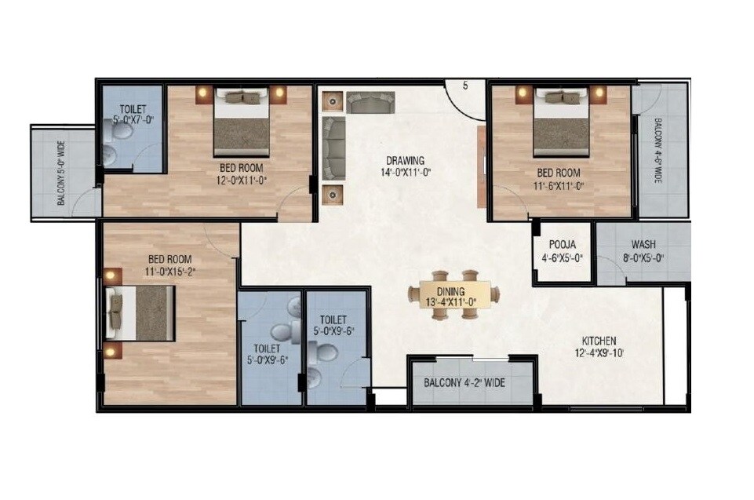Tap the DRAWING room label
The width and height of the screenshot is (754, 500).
pyautogui.click(x=405, y=161)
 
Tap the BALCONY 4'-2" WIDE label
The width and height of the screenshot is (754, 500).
pyautogui.click(x=464, y=384)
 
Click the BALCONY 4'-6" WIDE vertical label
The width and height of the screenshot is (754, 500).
pyautogui.click(x=657, y=151)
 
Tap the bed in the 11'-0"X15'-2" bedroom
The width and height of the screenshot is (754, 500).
pyautogui.click(x=141, y=314)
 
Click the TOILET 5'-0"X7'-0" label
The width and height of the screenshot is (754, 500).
pyautogui.click(x=132, y=115)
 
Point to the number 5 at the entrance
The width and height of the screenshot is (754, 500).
pyautogui.click(x=465, y=86)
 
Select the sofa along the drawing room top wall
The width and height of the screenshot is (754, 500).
pyautogui.click(x=370, y=102)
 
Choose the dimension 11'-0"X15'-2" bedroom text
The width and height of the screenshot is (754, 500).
pyautogui.click(x=170, y=271)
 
